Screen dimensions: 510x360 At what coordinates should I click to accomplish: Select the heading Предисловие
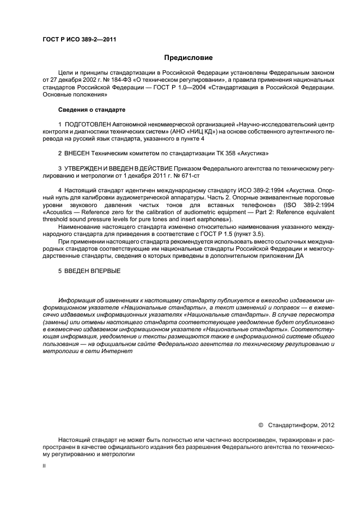[188, 57]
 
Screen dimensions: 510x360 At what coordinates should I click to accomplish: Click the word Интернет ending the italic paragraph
[118, 351]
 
